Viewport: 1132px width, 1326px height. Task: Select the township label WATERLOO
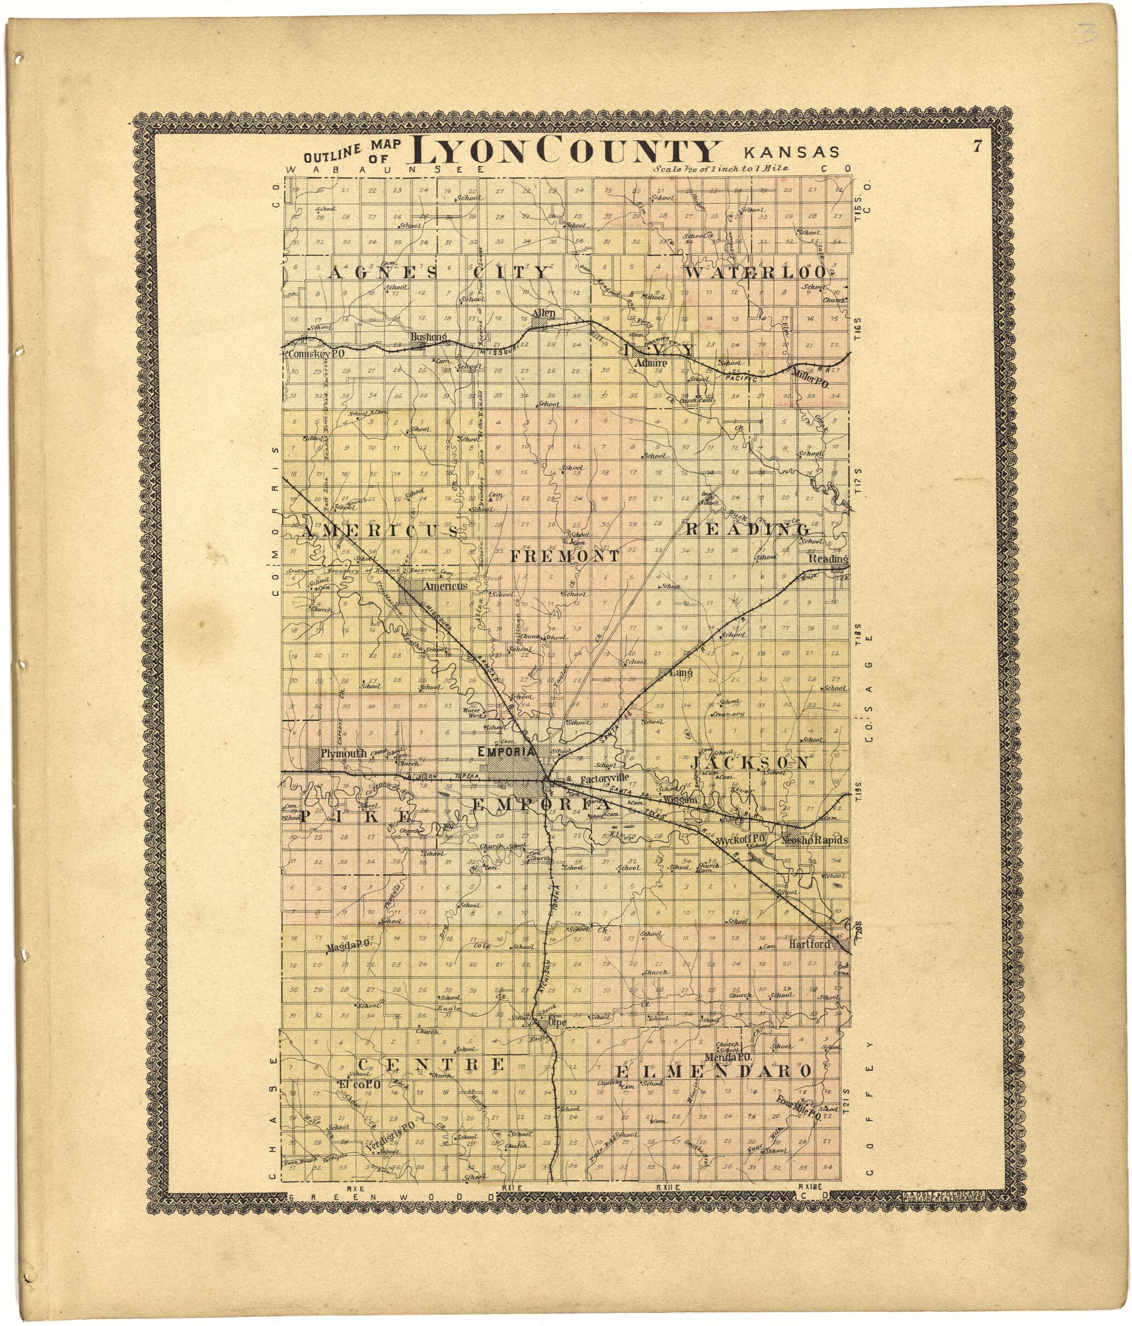756,271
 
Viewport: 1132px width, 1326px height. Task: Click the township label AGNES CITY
438,272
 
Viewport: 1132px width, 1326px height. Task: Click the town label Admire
651,363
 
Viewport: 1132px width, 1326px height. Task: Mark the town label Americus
446,585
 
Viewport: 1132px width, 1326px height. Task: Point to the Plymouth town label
344,753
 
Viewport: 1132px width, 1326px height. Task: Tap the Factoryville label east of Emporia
604,779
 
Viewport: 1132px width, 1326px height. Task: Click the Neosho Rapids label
814,840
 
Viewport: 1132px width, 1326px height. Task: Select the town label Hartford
809,944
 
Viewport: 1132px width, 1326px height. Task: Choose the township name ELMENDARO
713,1071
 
